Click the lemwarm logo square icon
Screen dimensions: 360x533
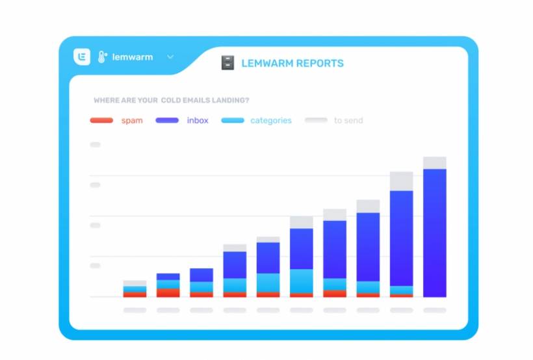(82, 57)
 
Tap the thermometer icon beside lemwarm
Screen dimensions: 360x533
(102, 57)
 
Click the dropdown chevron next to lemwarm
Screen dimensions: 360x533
(170, 57)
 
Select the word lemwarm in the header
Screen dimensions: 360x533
(133, 57)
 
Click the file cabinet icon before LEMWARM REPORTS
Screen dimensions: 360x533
(227, 63)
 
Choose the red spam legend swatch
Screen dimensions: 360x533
(101, 120)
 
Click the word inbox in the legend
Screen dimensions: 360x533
(198, 120)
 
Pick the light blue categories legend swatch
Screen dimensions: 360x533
(233, 120)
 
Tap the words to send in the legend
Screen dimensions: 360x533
(348, 120)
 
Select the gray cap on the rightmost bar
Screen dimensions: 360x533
(435, 162)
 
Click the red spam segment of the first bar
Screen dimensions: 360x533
(135, 294)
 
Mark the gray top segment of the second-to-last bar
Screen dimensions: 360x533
(402, 181)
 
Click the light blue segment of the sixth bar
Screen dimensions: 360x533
(302, 281)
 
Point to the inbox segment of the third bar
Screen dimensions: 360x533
(201, 275)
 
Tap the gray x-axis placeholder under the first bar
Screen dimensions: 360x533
(135, 311)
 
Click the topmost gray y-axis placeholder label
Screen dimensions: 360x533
(95, 144)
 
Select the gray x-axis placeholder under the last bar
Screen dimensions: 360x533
(435, 311)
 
